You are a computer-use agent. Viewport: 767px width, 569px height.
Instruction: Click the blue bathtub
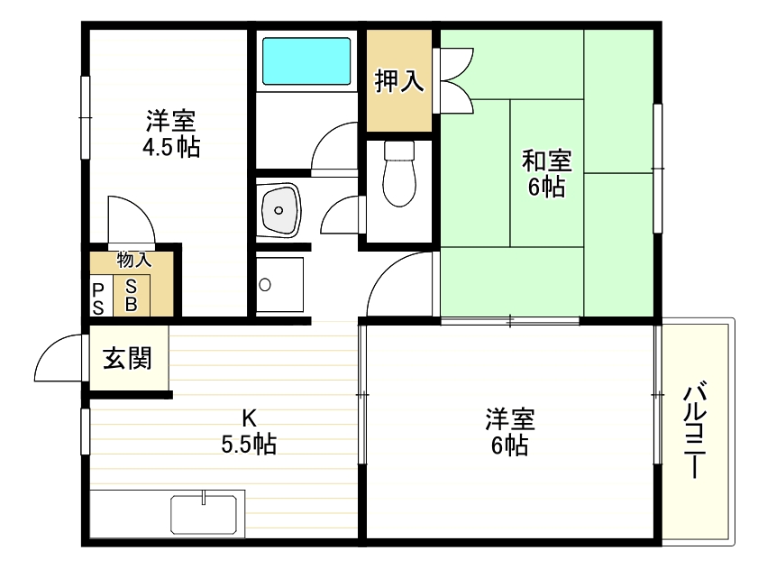pos(306,60)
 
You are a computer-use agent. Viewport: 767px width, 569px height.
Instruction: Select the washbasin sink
pos(278,210)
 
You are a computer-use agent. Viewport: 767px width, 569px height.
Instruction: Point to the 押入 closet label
pos(399,81)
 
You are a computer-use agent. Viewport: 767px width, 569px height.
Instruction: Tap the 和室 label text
pos(547,161)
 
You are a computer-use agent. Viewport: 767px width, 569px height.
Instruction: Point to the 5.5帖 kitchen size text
pos(248,444)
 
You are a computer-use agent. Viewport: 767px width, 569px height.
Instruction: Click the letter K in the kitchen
pos(248,418)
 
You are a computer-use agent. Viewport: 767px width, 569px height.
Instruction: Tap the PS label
pos(98,298)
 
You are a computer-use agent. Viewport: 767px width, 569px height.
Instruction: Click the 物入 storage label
pos(133,261)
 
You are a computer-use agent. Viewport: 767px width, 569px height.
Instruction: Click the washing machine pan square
pos(279,285)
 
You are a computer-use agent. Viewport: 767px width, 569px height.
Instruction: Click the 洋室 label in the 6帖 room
pos(510,419)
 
